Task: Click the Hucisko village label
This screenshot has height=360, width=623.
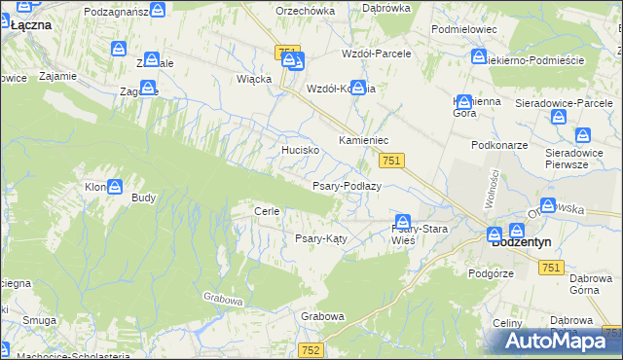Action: tap(300, 151)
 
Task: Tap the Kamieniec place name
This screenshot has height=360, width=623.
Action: tap(363, 141)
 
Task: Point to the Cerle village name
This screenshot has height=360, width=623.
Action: tap(267, 211)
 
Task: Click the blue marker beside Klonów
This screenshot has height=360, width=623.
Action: tap(115, 186)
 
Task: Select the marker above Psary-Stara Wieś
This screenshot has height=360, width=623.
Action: tap(402, 221)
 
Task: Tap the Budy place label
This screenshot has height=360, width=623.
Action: tap(143, 198)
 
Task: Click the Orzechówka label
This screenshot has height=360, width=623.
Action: tap(305, 11)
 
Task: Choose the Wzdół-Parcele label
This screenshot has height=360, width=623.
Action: tap(376, 54)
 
